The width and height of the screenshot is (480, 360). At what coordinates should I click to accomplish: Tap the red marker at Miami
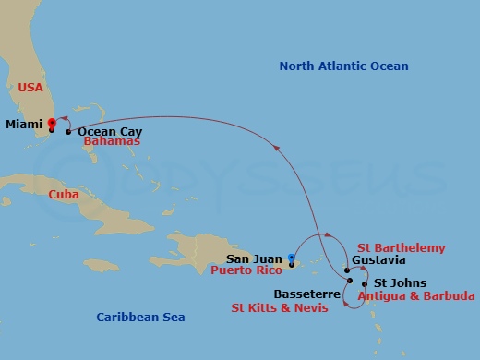(52, 123)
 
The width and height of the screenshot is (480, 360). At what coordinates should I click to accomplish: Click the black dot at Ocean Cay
(69, 132)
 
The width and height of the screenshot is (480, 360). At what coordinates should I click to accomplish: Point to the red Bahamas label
(111, 142)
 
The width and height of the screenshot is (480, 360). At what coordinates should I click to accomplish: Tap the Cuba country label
(64, 194)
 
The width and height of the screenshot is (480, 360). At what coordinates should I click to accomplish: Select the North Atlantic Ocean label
(343, 66)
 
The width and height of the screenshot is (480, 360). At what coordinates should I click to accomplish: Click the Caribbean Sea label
(140, 318)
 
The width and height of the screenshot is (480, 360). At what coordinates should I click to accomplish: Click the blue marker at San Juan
(291, 258)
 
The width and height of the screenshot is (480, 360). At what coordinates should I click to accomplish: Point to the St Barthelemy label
(401, 248)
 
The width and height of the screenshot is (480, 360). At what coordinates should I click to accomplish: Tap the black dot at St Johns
(366, 283)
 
